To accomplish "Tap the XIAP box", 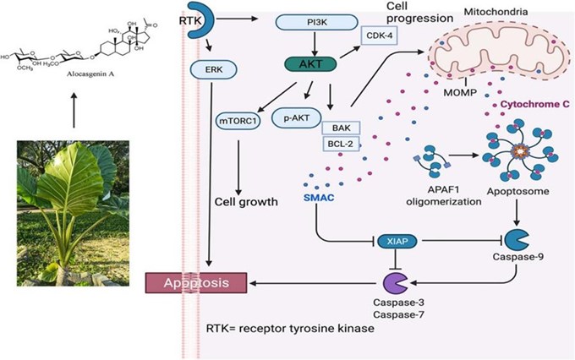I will [398, 241].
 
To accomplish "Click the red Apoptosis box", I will [196, 281].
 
